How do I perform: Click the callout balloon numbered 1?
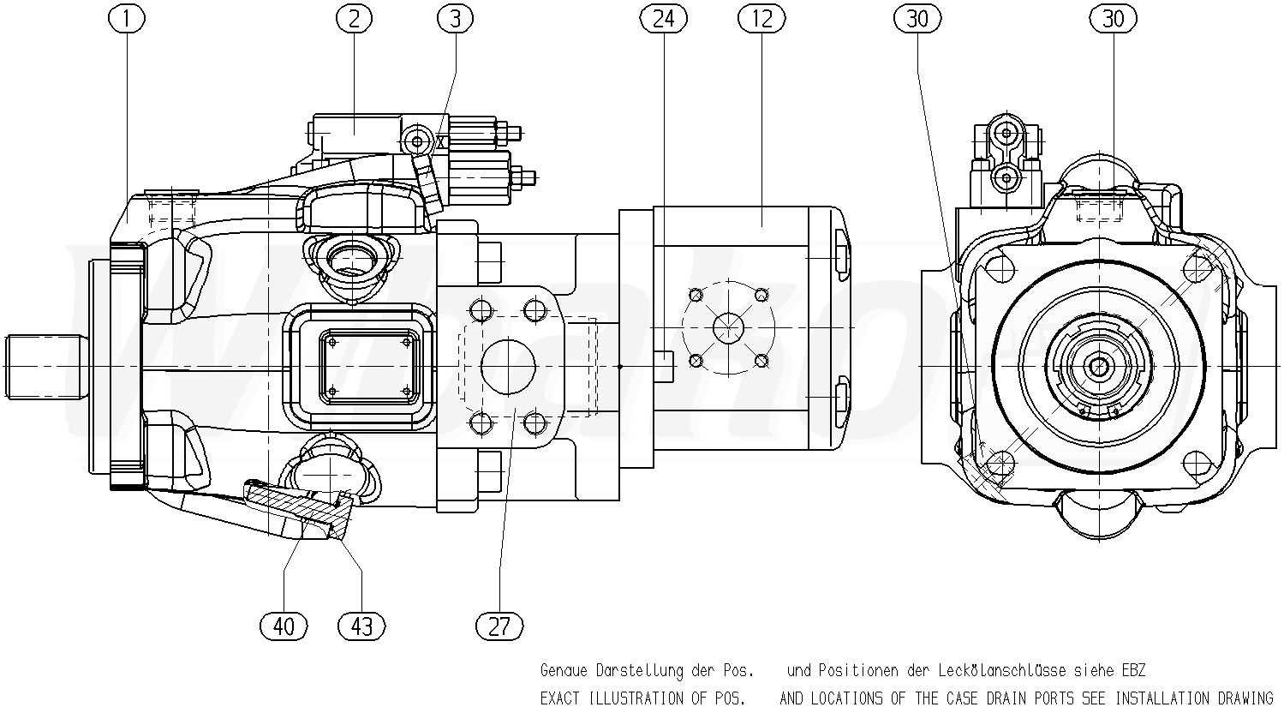click(x=127, y=18)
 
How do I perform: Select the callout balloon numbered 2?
click(x=355, y=18)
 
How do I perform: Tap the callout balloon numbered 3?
click(x=455, y=18)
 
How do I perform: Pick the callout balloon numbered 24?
click(x=663, y=18)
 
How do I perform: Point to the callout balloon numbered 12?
click(x=761, y=18)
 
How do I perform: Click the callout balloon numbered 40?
click(x=284, y=626)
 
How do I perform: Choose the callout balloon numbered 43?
click(x=361, y=626)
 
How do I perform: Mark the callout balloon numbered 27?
click(x=499, y=626)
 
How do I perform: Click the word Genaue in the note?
click(x=564, y=670)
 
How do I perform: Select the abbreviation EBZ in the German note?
click(x=1132, y=670)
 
